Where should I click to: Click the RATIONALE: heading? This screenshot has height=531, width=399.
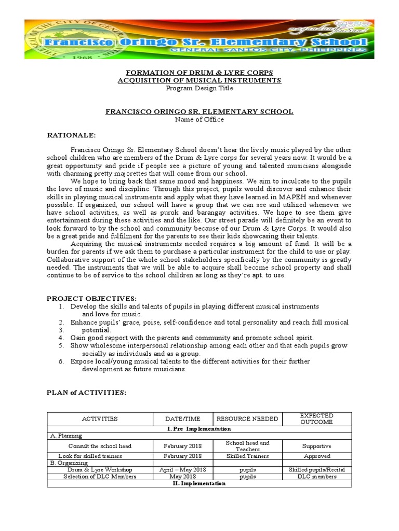point(71,135)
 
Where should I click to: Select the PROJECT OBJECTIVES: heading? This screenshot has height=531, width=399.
point(91,299)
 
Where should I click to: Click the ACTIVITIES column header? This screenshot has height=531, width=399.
point(100,418)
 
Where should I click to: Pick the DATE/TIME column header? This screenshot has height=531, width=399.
point(182,418)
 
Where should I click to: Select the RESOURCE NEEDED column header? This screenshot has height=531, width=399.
point(247,418)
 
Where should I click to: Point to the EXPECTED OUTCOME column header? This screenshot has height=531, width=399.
point(317,418)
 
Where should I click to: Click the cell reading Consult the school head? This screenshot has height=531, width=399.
point(100,446)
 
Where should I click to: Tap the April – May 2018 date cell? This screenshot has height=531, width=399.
point(182,470)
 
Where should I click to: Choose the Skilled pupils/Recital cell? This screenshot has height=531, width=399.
point(317,470)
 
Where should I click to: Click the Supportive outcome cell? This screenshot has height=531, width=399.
point(317,446)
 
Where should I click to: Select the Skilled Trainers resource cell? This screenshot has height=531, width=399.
point(247,456)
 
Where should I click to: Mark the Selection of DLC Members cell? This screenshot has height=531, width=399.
point(100,477)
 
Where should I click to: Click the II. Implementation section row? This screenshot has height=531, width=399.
point(199,483)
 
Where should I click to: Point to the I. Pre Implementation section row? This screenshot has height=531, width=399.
point(199,429)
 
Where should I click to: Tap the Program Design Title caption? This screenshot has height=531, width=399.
point(199,88)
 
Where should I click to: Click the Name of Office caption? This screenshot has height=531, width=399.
point(199,119)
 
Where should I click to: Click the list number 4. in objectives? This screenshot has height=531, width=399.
point(61,337)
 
